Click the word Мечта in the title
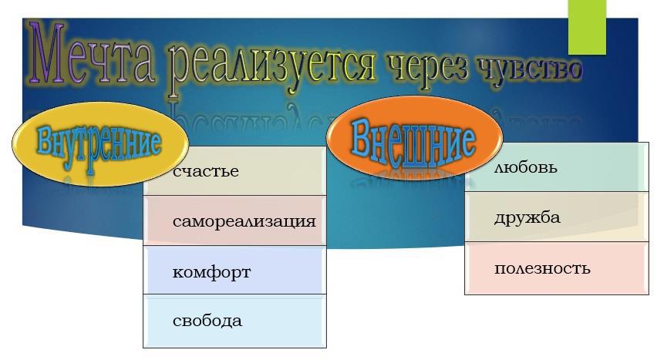[91, 53]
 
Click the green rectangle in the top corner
[587, 27]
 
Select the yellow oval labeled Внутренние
[100, 143]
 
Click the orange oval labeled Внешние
[414, 138]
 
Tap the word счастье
[206, 171]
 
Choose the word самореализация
[244, 221]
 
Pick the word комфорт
[211, 272]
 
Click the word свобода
[207, 321]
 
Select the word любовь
[526, 167]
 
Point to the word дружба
[527, 217]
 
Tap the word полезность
[542, 268]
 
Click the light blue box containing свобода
[234, 321]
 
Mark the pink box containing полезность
[557, 268]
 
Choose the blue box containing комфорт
[234, 270]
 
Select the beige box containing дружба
[557, 217]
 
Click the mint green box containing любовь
[557, 167]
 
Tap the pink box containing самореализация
[234, 220]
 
